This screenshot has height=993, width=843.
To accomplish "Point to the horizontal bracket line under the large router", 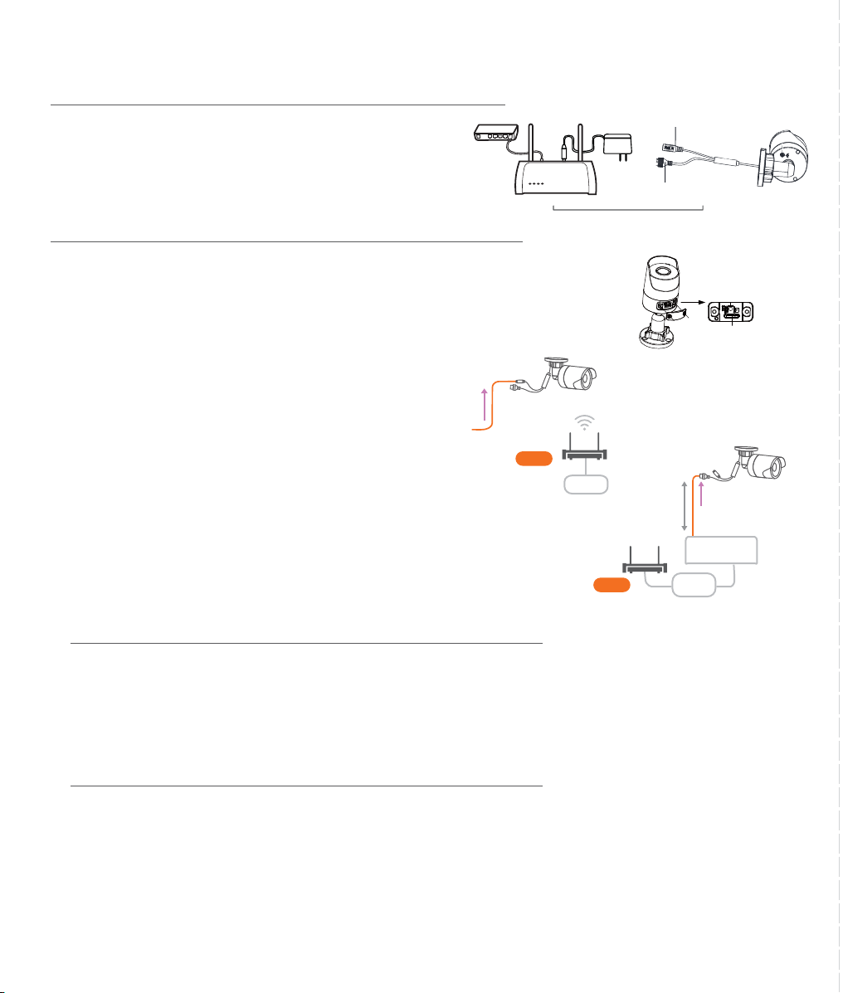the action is coord(628,209).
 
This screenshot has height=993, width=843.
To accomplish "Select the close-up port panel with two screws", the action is coord(733,310).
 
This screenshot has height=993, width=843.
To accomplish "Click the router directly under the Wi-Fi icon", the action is coord(587,455).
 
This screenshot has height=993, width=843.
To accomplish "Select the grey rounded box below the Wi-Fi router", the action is coord(586,484).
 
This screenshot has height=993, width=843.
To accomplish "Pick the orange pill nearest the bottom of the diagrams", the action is coord(612,586).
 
